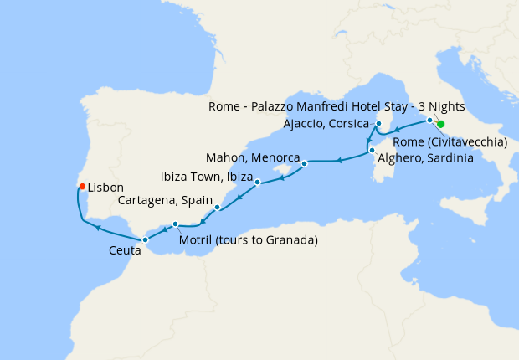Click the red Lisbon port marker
(x=81, y=187)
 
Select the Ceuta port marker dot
(x=145, y=239)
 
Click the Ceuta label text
(x=125, y=250)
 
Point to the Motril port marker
(x=175, y=224)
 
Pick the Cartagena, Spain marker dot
(x=218, y=207)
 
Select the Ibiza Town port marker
(x=258, y=182)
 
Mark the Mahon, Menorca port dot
(x=305, y=163)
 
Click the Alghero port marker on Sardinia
(x=372, y=151)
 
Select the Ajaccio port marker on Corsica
(x=378, y=124)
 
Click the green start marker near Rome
(x=440, y=124)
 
